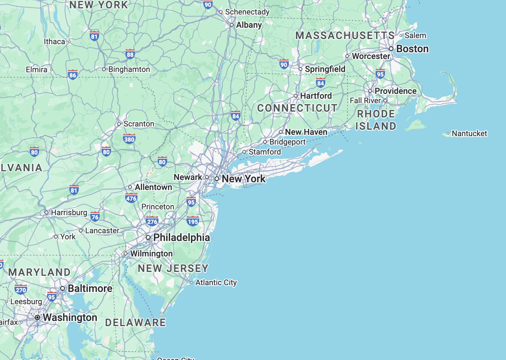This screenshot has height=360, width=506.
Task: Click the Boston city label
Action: click(x=412, y=49)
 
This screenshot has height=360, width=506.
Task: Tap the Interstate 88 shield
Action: click(x=130, y=54)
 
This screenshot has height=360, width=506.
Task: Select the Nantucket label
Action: click(x=469, y=134)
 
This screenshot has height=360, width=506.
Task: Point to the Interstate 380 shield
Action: click(x=129, y=139)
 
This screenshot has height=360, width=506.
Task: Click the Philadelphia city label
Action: click(x=181, y=238)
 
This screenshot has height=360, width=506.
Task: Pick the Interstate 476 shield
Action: click(x=131, y=198)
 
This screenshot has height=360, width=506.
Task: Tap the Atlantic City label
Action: click(x=216, y=283)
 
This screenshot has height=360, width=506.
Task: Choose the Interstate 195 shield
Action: click(x=193, y=221)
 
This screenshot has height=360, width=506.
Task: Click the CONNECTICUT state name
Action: click(x=297, y=108)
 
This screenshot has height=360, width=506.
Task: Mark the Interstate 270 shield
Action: click(x=21, y=289)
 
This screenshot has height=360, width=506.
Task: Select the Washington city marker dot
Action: click(x=37, y=318)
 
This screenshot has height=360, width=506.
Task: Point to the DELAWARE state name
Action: click(x=136, y=323)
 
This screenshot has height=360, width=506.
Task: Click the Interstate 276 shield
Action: click(x=152, y=221)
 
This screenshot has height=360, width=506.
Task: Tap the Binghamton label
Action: click(x=129, y=69)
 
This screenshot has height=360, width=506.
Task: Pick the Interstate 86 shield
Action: click(x=73, y=75)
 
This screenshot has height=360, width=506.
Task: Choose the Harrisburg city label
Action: click(x=69, y=213)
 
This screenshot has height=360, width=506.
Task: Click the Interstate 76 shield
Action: click(x=95, y=217)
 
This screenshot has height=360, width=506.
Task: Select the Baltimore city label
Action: click(x=90, y=288)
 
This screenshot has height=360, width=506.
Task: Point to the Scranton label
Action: click(x=139, y=124)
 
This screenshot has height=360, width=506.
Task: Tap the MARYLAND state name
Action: click(x=39, y=272)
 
